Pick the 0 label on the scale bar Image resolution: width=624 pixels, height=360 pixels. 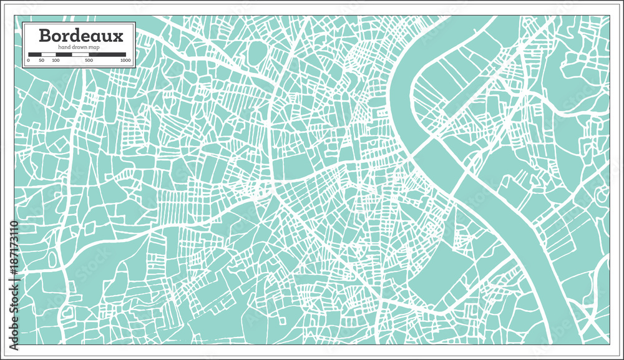[29, 61]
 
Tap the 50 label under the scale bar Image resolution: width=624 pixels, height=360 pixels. [41, 61]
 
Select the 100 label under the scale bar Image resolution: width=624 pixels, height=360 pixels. [56, 61]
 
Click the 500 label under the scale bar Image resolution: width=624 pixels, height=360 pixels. [89, 61]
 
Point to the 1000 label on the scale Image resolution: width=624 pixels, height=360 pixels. [125, 61]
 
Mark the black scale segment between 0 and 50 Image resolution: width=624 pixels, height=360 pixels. [35, 55]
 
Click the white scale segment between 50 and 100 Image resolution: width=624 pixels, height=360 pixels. [49, 55]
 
